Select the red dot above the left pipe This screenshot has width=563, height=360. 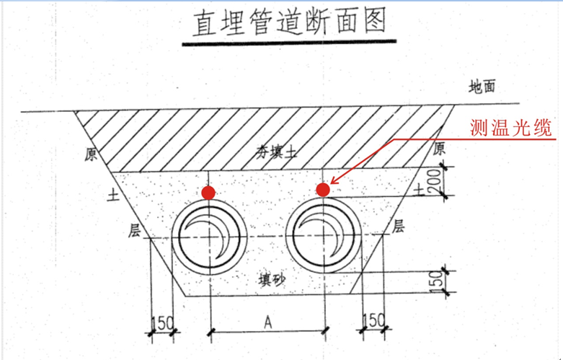coord(208,193)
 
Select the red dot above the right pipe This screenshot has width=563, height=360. coord(323,190)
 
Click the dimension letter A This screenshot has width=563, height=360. coord(267,324)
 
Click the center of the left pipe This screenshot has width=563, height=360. coord(209,237)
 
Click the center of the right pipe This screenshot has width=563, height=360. coord(324,237)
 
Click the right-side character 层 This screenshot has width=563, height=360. coord(397,227)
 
